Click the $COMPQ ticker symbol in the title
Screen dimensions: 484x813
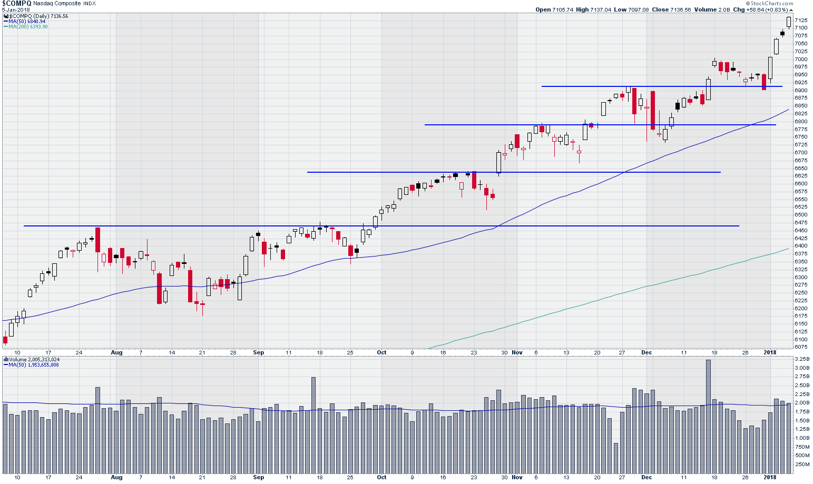click(16, 3)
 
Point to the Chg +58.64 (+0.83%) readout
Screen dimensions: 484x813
click(763, 9)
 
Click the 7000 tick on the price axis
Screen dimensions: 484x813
click(800, 59)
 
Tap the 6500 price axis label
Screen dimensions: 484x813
click(800, 215)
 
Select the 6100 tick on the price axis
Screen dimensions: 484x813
click(800, 339)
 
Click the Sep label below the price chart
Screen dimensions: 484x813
click(258, 353)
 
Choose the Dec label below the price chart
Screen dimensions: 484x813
click(647, 353)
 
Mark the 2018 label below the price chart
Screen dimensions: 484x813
click(770, 353)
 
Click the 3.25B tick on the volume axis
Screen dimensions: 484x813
click(801, 359)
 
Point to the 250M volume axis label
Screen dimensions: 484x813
click(801, 465)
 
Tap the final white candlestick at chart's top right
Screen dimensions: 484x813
click(789, 22)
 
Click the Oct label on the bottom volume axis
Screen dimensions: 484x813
click(381, 478)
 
